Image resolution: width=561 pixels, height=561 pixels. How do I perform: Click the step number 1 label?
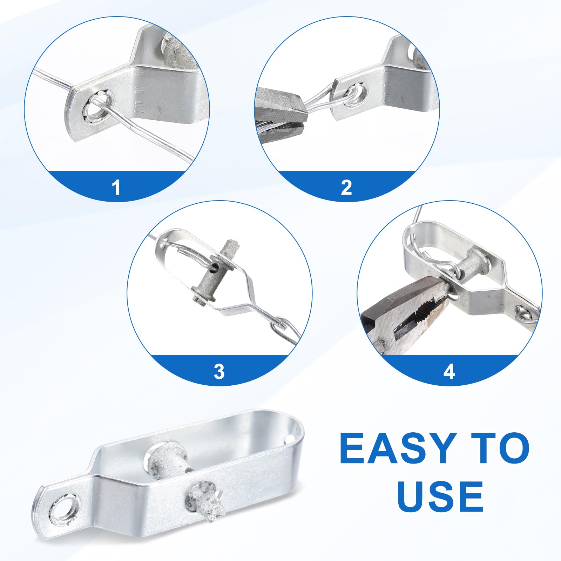coord(116,187)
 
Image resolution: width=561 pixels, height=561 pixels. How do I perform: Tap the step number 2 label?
coord(346,187)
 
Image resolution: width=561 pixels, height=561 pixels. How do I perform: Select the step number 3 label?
coord(219,371)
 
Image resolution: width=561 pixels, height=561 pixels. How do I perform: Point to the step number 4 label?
coord(449,371)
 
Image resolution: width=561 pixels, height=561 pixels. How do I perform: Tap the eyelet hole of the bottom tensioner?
coord(63,508)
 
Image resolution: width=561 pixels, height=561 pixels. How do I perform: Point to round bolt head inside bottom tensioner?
coord(164,455)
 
